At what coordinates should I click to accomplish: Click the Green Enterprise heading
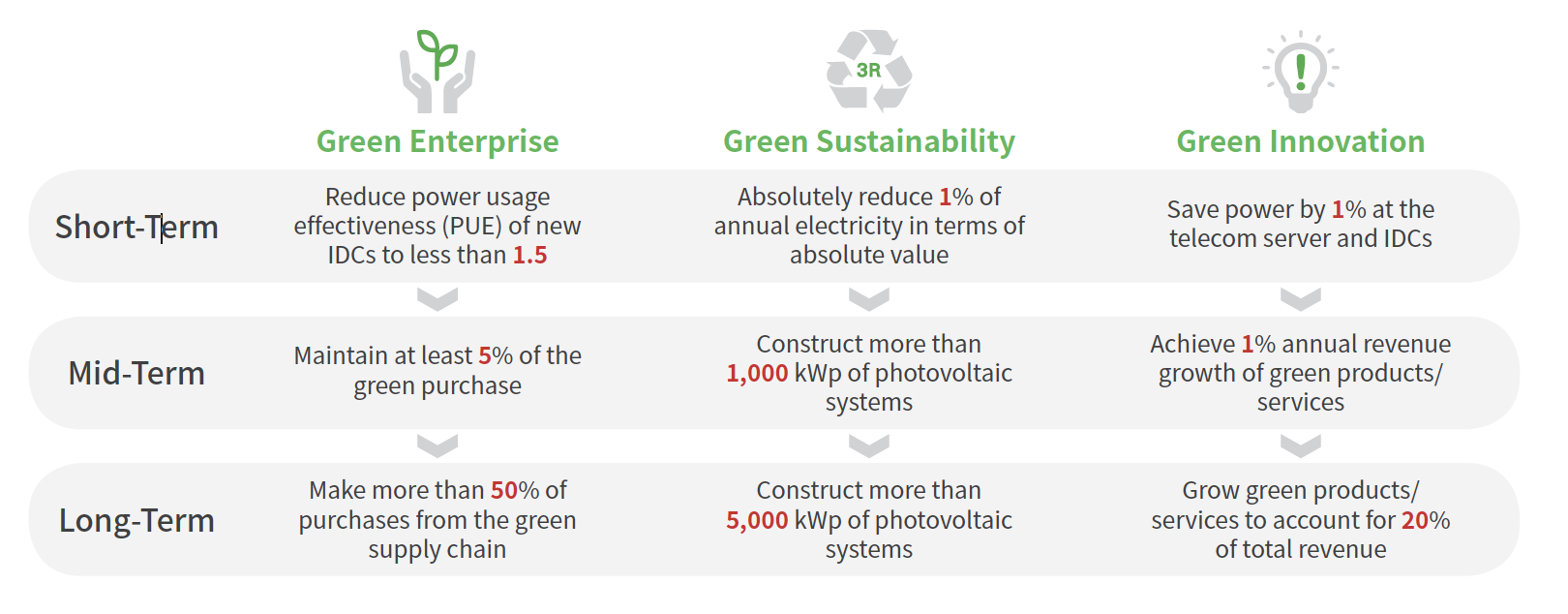point(437,142)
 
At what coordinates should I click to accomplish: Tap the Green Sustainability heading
point(869,142)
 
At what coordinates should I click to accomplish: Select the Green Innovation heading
point(1301,141)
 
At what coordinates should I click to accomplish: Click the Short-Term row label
point(136,227)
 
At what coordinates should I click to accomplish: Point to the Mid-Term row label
point(136,373)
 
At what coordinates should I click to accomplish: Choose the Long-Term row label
point(136,520)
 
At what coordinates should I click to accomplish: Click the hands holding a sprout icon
point(437,72)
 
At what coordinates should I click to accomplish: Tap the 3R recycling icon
point(869,70)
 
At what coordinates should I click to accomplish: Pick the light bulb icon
point(1301,72)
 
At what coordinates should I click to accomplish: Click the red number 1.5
point(529,255)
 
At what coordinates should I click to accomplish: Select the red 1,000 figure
point(757,374)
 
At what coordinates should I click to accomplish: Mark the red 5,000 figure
point(757,521)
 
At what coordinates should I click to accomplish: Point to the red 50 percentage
point(504,490)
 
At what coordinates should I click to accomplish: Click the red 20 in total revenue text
point(1415,521)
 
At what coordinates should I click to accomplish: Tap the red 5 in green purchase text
point(485,355)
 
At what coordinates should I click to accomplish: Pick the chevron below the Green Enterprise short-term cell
point(437,298)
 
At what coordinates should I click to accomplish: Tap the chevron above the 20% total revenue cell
point(1301,445)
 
